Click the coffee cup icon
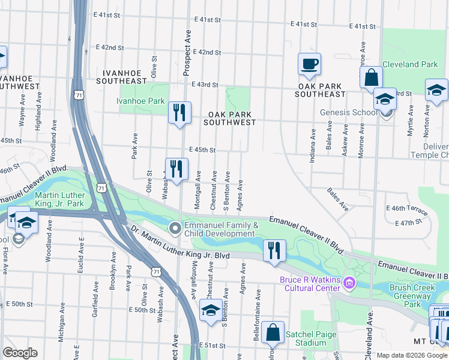pos(309,64)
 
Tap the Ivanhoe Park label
pos(140,101)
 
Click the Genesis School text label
pos(349,112)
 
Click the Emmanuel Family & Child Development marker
pos(175,227)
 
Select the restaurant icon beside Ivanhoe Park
pos(179,112)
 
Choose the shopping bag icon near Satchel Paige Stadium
pos(273,333)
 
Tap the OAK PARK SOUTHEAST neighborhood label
pos(321,90)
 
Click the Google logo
pos(20,353)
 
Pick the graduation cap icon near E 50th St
pos(210,311)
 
